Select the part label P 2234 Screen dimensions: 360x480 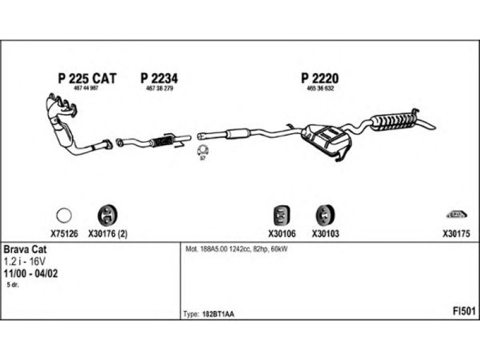[160, 79]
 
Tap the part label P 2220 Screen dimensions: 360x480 [320, 79]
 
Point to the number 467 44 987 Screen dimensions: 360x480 [86, 89]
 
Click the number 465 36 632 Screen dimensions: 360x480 [320, 89]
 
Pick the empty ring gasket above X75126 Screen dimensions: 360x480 [64, 214]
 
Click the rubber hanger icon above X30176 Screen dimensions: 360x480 [107, 214]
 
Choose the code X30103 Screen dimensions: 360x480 [325, 235]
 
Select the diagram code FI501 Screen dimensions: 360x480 [464, 311]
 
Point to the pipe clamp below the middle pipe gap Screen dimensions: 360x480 [202, 149]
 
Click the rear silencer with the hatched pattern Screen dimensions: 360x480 [395, 119]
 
